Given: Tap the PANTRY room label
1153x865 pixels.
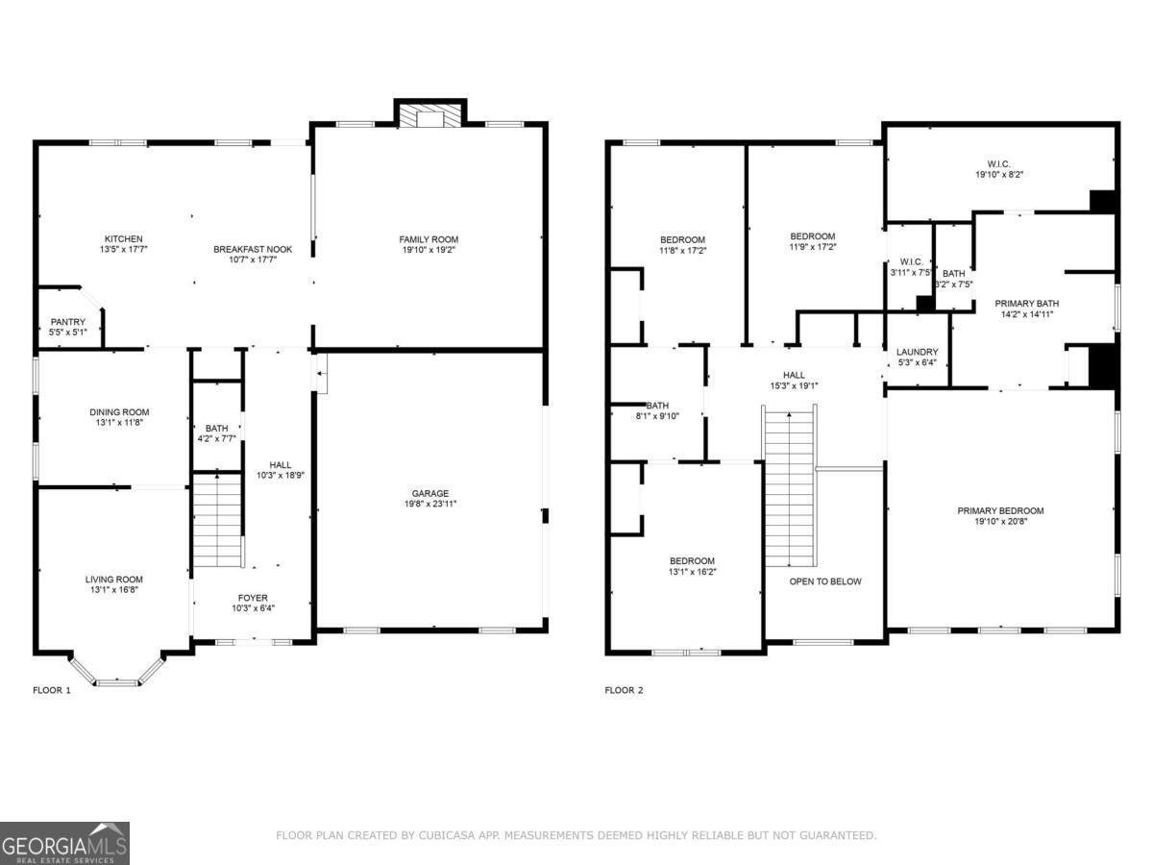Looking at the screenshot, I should [68, 322].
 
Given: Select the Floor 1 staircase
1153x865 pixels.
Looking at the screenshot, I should [217, 521].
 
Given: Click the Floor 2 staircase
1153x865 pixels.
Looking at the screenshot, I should [790, 487].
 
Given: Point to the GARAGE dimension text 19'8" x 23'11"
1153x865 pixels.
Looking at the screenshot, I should [429, 503].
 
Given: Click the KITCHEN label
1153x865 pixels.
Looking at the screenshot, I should [124, 238].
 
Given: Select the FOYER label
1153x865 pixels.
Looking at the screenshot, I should [254, 598].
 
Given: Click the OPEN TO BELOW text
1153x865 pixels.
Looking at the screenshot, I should [825, 581].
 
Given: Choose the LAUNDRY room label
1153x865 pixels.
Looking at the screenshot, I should [917, 352].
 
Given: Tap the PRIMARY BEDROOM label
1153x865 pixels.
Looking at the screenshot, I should [1000, 510].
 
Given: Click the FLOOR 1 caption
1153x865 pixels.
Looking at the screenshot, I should [52, 690].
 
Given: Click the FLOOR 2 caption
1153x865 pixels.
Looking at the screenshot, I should [624, 690].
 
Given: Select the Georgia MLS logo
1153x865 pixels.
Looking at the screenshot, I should [64, 843].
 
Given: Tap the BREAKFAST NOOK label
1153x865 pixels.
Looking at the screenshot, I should [253, 249].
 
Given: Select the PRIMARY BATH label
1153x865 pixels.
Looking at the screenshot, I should [1027, 303].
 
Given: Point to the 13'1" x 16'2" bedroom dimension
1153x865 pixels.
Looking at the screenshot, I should [692, 571].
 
